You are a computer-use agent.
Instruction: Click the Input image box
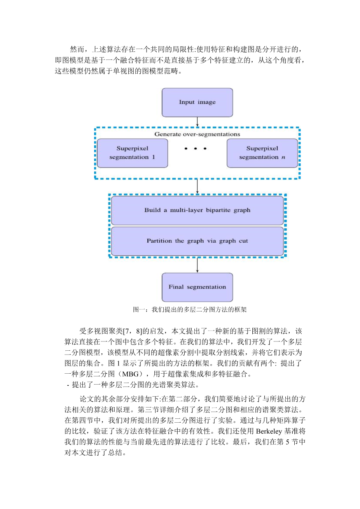[x=197, y=103]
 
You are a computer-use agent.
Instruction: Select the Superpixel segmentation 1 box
[x=133, y=153]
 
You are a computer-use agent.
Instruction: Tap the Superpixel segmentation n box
[x=262, y=153]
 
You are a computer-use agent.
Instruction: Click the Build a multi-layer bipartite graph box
[x=197, y=210]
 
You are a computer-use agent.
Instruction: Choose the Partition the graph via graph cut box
[x=197, y=241]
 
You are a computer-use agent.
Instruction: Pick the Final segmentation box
[x=197, y=287]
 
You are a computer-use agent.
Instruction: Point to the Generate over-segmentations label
[x=197, y=134]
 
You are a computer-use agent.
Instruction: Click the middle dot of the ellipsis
[x=195, y=149]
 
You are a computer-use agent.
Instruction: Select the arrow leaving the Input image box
[x=197, y=122]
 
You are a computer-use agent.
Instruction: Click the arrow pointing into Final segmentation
[x=197, y=265]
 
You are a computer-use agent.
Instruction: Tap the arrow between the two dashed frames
[x=197, y=187]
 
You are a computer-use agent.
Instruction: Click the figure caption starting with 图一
[x=190, y=310]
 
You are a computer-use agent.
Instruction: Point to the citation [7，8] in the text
[x=133, y=331]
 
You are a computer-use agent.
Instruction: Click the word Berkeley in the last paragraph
[x=269, y=431]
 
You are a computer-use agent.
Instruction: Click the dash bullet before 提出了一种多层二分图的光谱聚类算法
[x=68, y=385]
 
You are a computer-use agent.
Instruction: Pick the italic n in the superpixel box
[x=283, y=157]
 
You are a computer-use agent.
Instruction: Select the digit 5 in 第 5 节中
[x=287, y=442]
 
